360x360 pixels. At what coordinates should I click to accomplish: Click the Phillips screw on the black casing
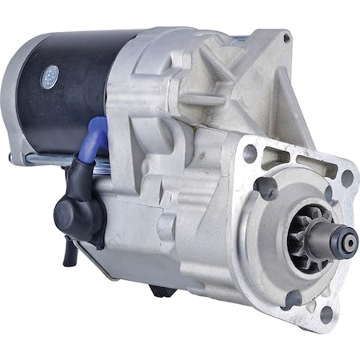click(x=50, y=76)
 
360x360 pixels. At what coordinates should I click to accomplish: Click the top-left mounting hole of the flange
click(x=250, y=152)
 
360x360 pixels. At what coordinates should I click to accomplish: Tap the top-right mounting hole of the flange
click(x=346, y=178)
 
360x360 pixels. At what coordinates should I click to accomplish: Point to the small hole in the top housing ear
click(x=286, y=38)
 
